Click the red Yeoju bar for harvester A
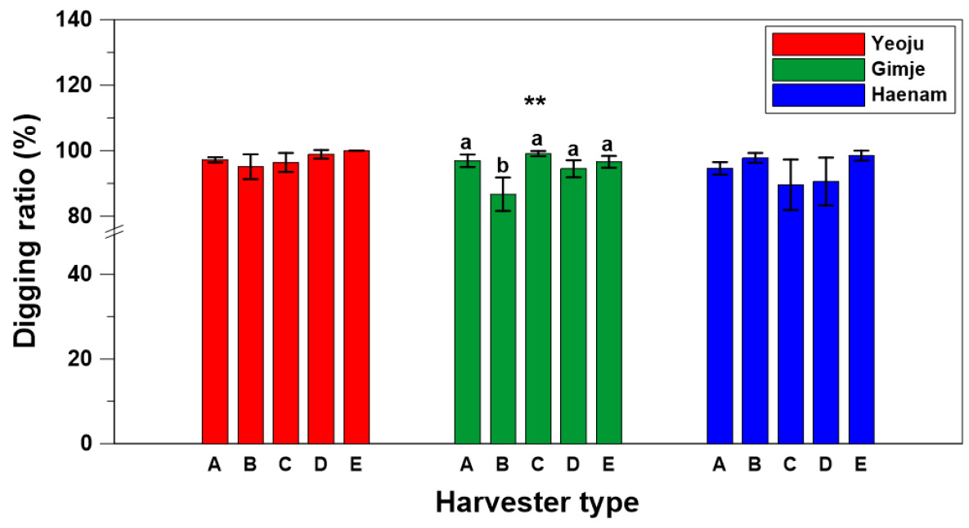pos(215,302)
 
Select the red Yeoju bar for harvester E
pos(357,297)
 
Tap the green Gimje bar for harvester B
pos(503,319)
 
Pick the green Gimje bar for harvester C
pos(538,298)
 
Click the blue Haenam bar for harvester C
pos(791,315)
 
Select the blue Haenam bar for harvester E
pos(862,299)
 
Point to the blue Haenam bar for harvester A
pos(720,306)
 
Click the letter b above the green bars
pos(503,165)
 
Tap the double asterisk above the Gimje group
pos(535,101)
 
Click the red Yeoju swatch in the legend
pos(819,44)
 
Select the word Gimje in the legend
pos(898,69)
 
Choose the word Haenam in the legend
pos(909,95)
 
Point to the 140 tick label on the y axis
pos(74,20)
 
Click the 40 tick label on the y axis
pos(80,274)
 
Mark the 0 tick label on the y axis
pos(86,443)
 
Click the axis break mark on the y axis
pos(114,232)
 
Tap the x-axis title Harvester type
pos(537,502)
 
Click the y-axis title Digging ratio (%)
pos(26,231)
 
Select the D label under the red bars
pos(321,464)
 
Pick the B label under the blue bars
pos(755,464)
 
